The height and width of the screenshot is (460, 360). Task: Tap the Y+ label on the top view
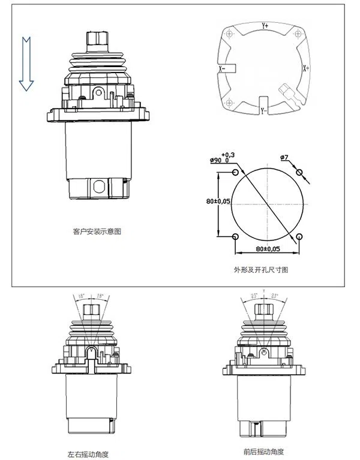tap(265, 25)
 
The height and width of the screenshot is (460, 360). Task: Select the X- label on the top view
tap(222, 69)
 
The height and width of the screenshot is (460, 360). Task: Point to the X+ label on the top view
tap(306, 68)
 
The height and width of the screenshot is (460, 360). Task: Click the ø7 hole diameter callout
tap(284, 158)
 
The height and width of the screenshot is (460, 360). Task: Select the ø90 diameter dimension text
tap(218, 161)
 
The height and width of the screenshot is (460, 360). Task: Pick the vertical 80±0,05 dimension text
tap(218, 202)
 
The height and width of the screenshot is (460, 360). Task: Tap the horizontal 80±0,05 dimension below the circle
tap(268, 248)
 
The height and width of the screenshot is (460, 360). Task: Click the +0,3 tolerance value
tap(228, 155)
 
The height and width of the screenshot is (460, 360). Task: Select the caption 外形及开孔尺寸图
tap(261, 270)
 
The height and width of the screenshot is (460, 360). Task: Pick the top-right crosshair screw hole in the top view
tap(295, 34)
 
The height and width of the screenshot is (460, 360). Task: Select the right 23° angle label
tap(274, 296)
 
